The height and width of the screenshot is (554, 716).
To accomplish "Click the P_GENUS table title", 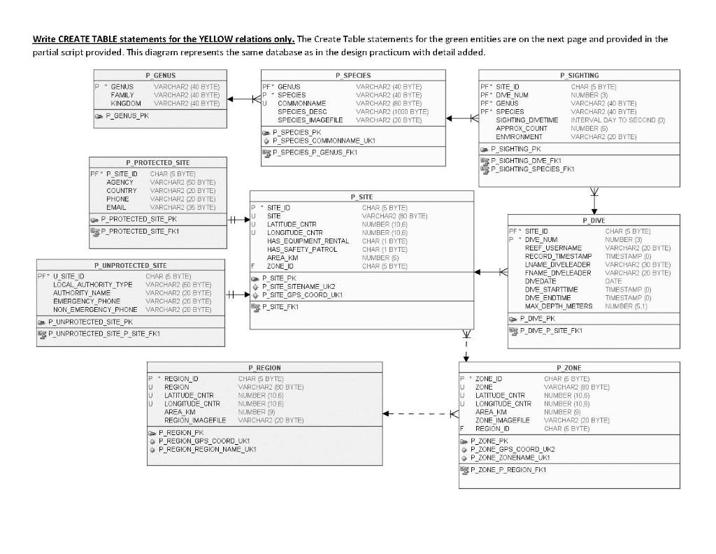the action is [x=160, y=75].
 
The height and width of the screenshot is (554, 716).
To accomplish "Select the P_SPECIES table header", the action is [x=353, y=75].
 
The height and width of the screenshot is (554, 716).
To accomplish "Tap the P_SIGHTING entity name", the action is [x=579, y=75].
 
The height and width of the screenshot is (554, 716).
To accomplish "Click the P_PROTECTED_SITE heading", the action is [x=157, y=163].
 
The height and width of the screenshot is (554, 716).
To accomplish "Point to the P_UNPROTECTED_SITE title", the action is [x=130, y=266].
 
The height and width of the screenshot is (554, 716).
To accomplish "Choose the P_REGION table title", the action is [x=264, y=367].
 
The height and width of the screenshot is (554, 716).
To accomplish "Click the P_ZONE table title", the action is [x=568, y=367].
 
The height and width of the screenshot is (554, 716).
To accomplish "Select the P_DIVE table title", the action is [x=594, y=220].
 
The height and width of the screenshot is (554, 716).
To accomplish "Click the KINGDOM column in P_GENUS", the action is [x=126, y=104].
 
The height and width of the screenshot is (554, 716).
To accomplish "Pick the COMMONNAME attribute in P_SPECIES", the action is [x=301, y=104].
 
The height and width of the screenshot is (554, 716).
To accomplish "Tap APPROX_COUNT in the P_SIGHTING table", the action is [x=522, y=129].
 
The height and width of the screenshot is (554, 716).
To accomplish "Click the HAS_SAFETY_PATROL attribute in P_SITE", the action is [x=302, y=250].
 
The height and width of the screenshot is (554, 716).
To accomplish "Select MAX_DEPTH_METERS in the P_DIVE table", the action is [x=559, y=306].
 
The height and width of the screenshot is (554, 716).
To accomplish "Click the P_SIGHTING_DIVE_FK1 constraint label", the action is [x=526, y=161].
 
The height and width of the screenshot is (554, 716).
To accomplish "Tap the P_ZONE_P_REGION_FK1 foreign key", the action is [x=508, y=470].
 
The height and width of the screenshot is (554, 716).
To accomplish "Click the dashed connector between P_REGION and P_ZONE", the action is [x=420, y=413].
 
